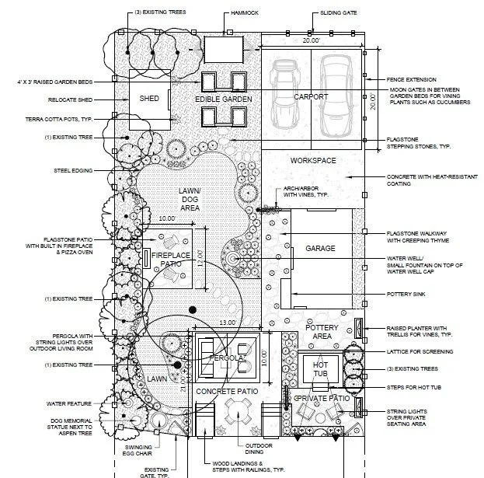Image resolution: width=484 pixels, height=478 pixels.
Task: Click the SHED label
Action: pos(148,99)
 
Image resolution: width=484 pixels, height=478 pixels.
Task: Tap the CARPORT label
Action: pos(310,97)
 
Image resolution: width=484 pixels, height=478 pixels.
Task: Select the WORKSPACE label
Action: pos(312,160)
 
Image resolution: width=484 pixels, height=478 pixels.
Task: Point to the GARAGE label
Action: pos(320,249)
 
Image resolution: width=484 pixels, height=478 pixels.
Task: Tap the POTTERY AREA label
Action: pos(322,333)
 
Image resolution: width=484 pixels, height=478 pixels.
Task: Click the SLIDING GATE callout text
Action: pos(339,13)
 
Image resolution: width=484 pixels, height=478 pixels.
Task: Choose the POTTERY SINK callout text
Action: pos(411,295)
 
